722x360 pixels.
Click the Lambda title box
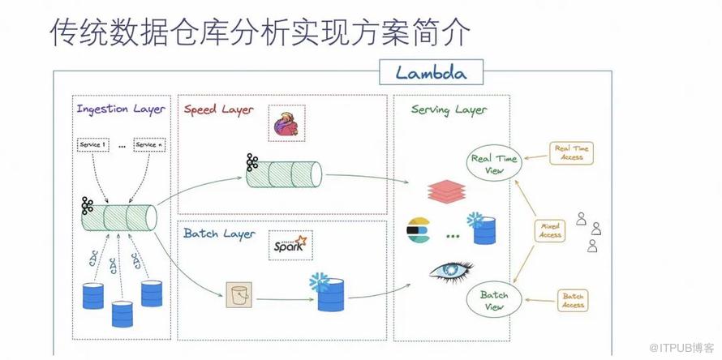pos(432,72)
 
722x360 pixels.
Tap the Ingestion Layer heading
pos(121,109)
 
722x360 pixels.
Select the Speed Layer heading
pos(218,109)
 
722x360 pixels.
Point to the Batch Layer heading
pos(218,234)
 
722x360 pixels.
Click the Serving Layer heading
pos(449,109)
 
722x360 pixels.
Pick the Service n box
pos(150,145)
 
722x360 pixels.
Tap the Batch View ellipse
pos(494,300)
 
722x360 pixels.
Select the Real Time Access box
pos(572,152)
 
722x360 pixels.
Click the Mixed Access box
pos(551,230)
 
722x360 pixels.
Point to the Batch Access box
pos(572,300)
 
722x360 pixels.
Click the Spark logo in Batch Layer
pos(290,245)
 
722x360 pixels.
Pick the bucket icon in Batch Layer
pos(239,295)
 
